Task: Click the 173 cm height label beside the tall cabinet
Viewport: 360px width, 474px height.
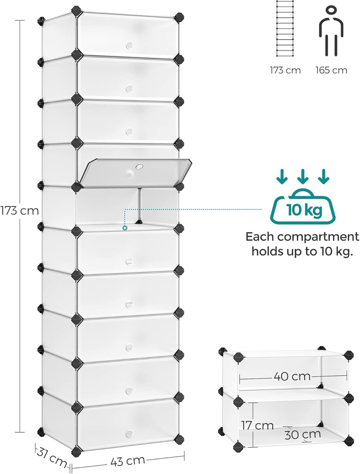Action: pos(19,211)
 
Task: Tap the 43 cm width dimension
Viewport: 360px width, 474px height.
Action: pos(127,461)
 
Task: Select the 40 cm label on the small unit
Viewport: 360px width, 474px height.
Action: pos(292,376)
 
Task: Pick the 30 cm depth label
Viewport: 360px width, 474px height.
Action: pos(303,434)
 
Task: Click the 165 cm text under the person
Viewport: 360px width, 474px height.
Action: pos(332,70)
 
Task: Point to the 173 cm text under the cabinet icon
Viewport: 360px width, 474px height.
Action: pos(285,70)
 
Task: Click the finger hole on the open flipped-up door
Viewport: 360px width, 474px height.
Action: pos(139,167)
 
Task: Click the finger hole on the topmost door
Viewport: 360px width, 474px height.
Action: pos(129,45)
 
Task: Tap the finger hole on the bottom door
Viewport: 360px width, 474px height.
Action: pos(129,433)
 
